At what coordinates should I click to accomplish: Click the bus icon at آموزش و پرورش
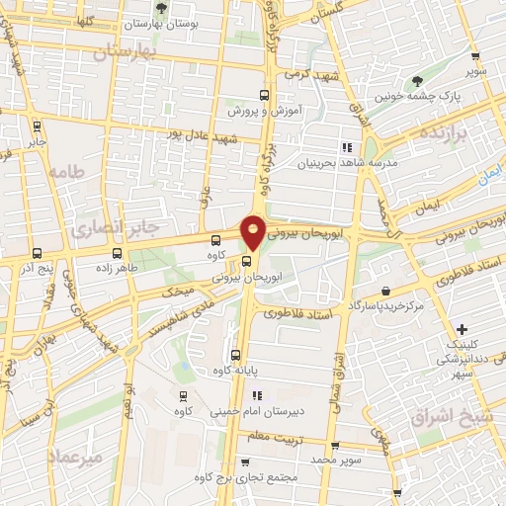click(263, 96)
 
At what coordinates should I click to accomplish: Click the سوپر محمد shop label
click(361, 460)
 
